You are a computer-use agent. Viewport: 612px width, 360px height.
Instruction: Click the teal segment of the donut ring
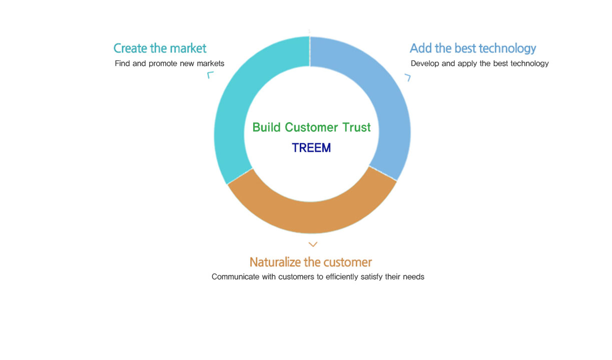pyautogui.click(x=232, y=115)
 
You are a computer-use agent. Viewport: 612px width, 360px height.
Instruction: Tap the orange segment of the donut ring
pyautogui.click(x=311, y=217)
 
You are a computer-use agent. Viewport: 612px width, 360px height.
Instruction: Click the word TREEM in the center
pyautogui.click(x=311, y=148)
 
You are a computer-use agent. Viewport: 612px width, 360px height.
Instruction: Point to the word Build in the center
pyautogui.click(x=266, y=127)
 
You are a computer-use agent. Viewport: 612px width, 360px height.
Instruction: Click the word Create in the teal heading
pyautogui.click(x=130, y=49)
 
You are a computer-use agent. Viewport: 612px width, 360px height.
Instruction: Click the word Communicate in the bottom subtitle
pyautogui.click(x=236, y=277)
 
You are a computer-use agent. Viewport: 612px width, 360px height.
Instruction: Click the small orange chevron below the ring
pyautogui.click(x=313, y=244)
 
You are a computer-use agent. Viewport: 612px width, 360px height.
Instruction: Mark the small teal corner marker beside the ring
pyautogui.click(x=210, y=75)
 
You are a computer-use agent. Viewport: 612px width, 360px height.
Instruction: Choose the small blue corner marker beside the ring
pyautogui.click(x=408, y=78)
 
